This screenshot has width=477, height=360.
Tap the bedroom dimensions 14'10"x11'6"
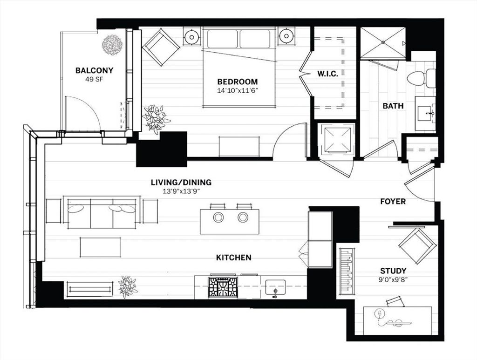pyautogui.click(x=238, y=90)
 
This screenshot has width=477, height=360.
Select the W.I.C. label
pyautogui.click(x=327, y=74)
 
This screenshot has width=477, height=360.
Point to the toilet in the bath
pyautogui.click(x=421, y=78)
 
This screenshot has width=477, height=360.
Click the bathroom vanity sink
pyautogui.click(x=426, y=114)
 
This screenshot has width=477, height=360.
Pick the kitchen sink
pyautogui.click(x=275, y=288)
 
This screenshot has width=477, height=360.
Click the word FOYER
pyautogui.click(x=393, y=202)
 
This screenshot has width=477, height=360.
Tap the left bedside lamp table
pyautogui.click(x=191, y=36)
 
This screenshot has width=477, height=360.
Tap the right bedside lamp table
pyautogui.click(x=286, y=36)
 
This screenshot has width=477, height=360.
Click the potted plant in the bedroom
pyautogui.click(x=156, y=119)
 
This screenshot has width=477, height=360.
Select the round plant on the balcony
pyautogui.click(x=112, y=45)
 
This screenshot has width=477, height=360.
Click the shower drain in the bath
pyautogui.click(x=383, y=42)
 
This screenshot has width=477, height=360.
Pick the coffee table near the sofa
pyautogui.click(x=100, y=247)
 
